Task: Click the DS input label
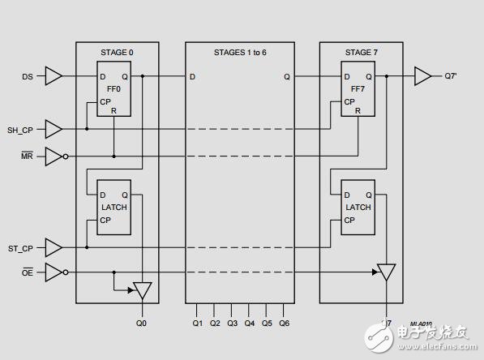27,77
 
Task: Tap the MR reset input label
27,156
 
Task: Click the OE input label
27,272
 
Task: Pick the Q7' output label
451,77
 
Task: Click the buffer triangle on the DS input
54,77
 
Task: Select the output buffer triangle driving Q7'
422,77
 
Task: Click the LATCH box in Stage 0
114,207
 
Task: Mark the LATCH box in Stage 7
358,207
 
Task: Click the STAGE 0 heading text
118,53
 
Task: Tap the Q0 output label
143,323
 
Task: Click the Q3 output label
232,323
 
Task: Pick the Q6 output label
284,323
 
